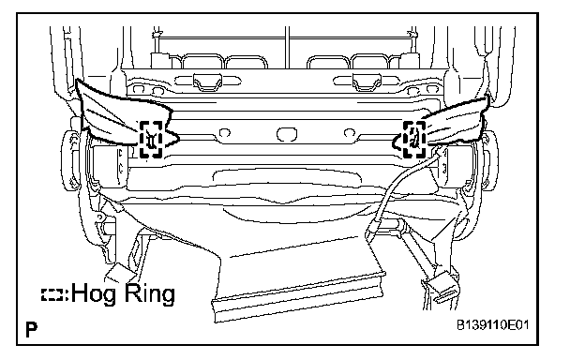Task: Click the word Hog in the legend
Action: tap(96, 293)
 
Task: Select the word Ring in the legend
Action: tap(150, 293)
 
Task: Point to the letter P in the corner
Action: tap(32, 329)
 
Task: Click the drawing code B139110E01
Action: tap(493, 325)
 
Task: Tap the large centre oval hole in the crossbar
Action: tap(287, 134)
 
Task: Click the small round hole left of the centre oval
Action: tap(225, 132)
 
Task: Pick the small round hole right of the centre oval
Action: tap(350, 132)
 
